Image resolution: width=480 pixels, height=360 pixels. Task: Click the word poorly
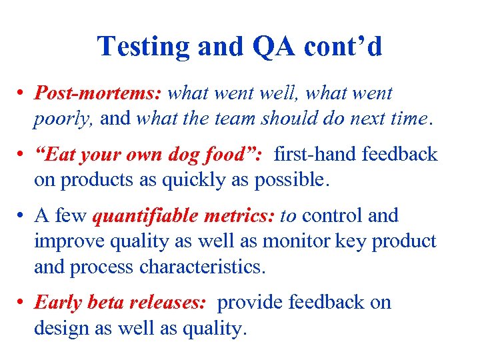[58, 119]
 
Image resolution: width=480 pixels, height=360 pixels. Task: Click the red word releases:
[173, 303]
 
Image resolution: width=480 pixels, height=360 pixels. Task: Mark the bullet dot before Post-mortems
[23, 94]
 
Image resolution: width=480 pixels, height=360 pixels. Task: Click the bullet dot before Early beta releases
[23, 303]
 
